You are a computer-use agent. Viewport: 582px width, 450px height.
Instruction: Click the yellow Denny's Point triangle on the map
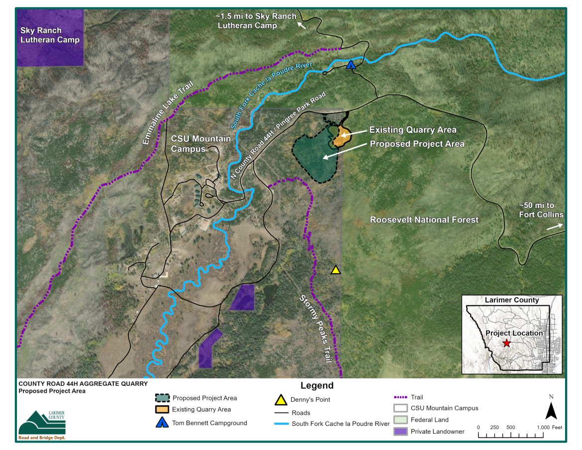(x=336, y=270)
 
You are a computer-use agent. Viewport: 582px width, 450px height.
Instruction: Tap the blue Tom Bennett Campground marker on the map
(x=351, y=65)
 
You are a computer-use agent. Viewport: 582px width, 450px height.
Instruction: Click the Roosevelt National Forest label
(x=424, y=220)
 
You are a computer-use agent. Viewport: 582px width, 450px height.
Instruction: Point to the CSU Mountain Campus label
(x=201, y=143)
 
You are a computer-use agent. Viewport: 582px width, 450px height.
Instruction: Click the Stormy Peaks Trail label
(x=315, y=329)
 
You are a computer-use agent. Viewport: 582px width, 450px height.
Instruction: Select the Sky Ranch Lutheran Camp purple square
(x=50, y=37)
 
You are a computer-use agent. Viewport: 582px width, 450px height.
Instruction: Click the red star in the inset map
(x=506, y=343)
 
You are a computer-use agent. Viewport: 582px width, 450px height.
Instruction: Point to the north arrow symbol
(x=551, y=411)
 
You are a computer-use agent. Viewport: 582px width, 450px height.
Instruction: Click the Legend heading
(x=317, y=386)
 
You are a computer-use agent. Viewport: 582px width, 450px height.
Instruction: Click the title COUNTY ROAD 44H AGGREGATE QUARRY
(x=83, y=384)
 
